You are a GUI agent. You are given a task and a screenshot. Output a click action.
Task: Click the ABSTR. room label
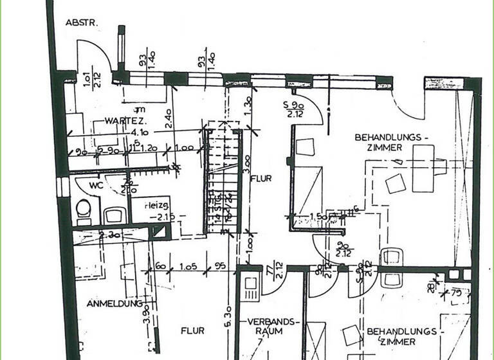[81, 22]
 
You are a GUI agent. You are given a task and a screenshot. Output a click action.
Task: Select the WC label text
[96, 184]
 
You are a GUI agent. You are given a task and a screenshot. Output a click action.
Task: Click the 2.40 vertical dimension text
[167, 120]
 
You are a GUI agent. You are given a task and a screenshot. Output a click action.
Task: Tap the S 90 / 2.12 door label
[295, 109]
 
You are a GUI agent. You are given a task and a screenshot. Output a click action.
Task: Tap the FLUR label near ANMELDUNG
[192, 330]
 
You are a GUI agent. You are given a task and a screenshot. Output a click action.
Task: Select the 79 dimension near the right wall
[457, 292]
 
